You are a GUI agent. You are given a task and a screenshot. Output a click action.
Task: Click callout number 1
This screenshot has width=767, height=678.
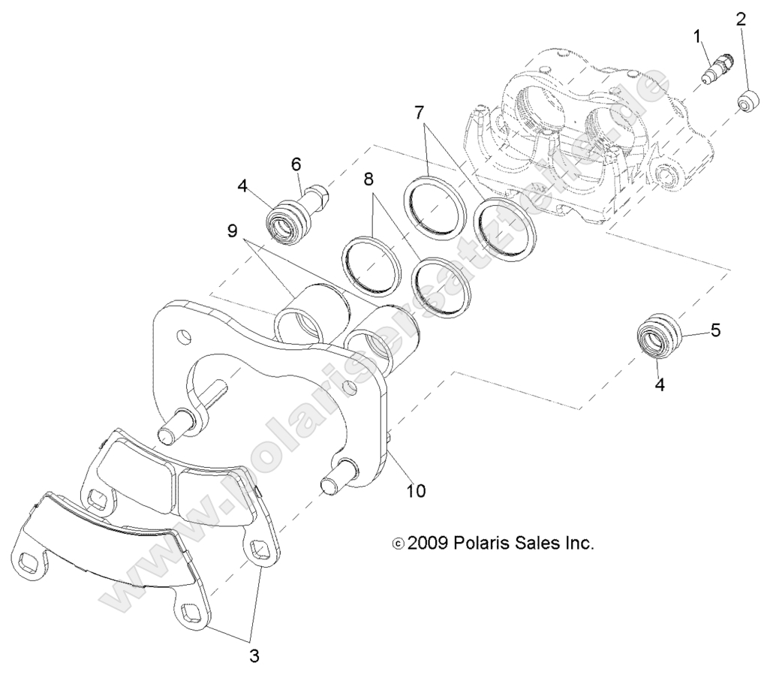[x=696, y=35]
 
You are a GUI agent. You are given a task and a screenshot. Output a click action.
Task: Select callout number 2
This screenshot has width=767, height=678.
[x=740, y=19]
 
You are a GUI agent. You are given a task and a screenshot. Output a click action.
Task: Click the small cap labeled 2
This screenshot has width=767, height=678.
[x=747, y=101]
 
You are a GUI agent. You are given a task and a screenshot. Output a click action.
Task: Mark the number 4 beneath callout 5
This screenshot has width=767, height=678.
[x=659, y=384]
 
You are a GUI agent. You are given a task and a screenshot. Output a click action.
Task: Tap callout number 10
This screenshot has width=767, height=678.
[x=415, y=490]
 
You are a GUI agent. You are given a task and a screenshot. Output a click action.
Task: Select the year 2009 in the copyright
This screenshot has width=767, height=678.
[x=429, y=543]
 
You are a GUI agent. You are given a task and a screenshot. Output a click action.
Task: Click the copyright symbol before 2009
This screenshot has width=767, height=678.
[x=399, y=544]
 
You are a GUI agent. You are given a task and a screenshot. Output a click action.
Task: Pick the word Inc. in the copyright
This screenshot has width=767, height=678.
[x=576, y=543]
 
